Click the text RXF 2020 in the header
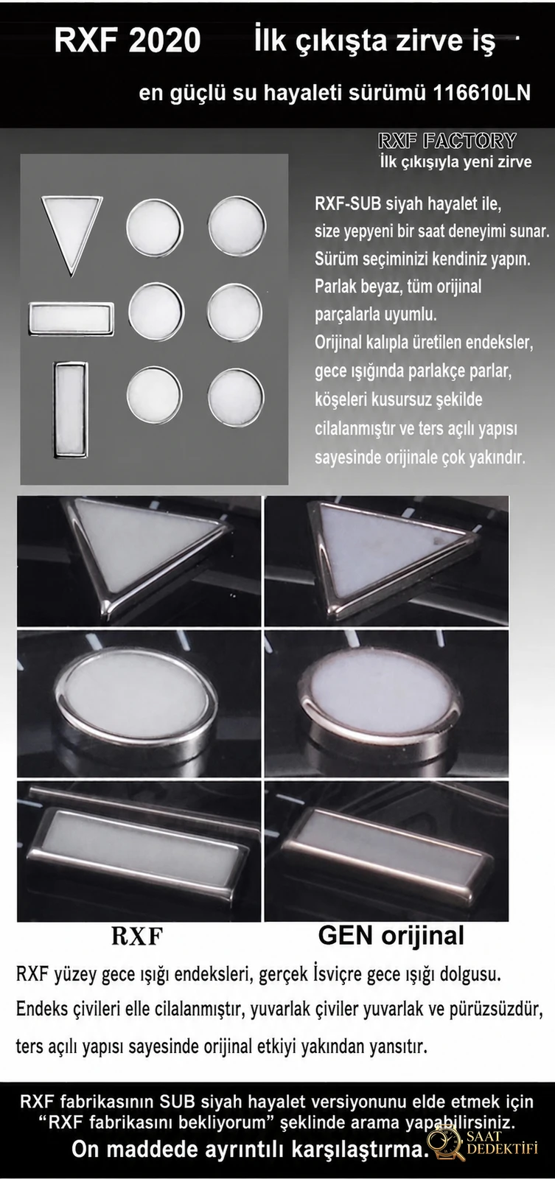point(128,41)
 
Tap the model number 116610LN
point(481,93)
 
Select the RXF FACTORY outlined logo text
point(447,141)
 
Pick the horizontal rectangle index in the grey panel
point(71,318)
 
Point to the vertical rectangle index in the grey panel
point(71,409)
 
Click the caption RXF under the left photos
point(137,936)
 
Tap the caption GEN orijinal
point(391,935)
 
